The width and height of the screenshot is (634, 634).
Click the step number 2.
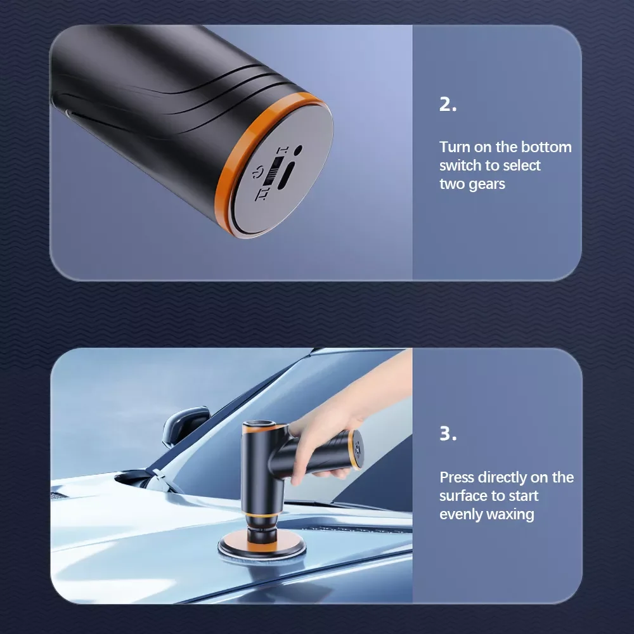[448, 105]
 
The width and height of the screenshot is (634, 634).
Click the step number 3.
[448, 434]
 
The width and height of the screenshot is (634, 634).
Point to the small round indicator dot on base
[298, 150]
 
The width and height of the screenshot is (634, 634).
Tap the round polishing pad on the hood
[262, 548]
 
